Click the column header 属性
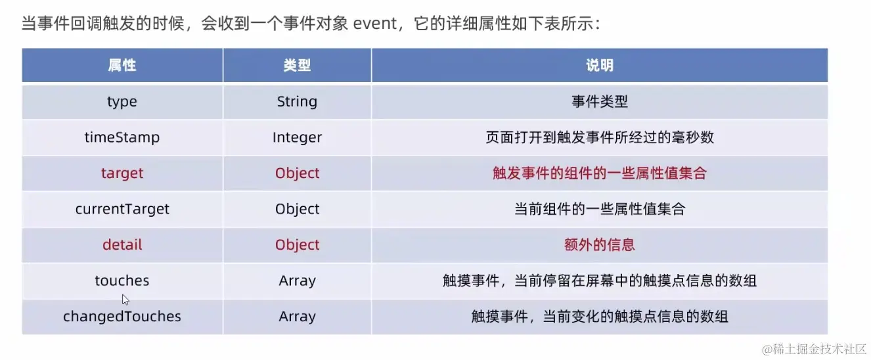122,65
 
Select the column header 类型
297,65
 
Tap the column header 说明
600,65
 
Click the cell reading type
122,102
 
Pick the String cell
297,102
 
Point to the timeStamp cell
122,137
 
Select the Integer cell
297,137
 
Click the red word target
122,173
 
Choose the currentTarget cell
122,209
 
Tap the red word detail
122,245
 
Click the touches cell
122,281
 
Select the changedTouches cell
122,317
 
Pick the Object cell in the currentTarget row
297,209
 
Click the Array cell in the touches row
297,281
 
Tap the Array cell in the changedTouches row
297,317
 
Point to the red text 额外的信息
600,245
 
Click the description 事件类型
600,102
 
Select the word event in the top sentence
375,24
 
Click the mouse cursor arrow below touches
125,300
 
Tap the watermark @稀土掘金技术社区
814,349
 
